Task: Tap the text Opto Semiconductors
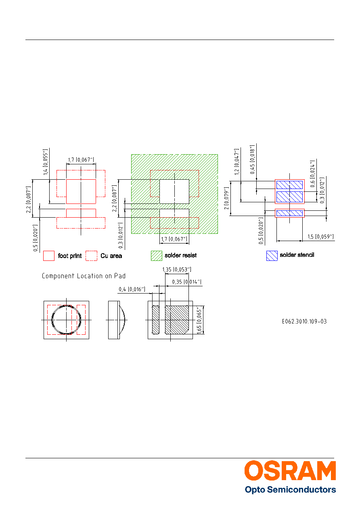tap(290, 490)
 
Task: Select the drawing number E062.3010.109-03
tap(304, 321)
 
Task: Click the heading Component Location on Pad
tap(84, 276)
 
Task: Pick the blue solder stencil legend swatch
tap(272, 256)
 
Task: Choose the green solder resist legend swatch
tap(157, 256)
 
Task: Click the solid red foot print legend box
tap(49, 256)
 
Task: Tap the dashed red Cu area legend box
tap(91, 256)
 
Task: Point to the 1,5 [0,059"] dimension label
tap(320, 237)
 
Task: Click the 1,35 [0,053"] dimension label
tap(177, 270)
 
